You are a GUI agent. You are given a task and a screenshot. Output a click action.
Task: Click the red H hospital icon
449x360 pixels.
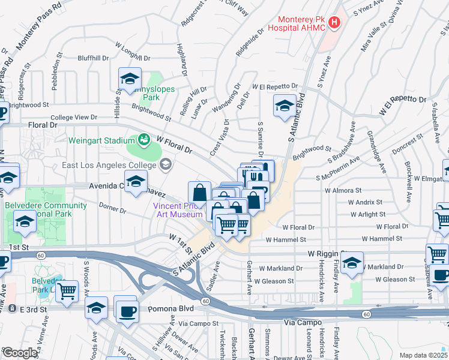click(x=334, y=23)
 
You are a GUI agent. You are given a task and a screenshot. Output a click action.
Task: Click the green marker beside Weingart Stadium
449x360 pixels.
click(x=144, y=140)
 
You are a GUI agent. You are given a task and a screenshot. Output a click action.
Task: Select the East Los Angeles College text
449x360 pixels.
click(x=110, y=165)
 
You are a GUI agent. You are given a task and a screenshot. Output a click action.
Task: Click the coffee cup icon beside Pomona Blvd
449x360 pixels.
click(x=128, y=311)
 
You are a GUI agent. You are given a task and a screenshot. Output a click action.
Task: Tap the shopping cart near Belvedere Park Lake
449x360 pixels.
click(x=67, y=291)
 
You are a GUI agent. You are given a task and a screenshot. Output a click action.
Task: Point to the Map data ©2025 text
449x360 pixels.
click(x=423, y=355)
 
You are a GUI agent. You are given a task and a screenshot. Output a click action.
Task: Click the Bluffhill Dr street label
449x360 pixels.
click(x=93, y=58)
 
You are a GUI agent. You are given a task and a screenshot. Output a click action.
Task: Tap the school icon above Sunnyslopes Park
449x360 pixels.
click(x=130, y=79)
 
